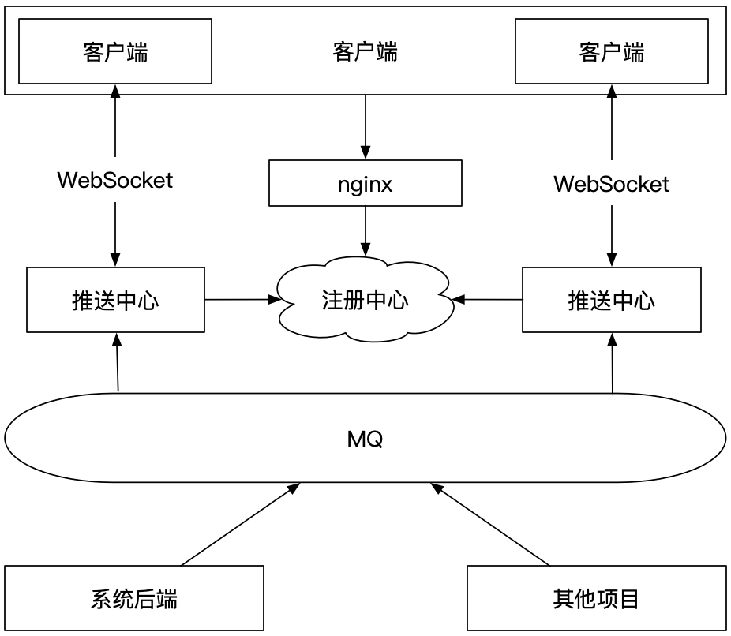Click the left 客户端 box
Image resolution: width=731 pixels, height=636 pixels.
[x=115, y=52]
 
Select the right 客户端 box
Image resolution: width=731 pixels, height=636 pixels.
[x=611, y=52]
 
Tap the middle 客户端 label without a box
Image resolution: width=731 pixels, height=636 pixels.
[x=365, y=52]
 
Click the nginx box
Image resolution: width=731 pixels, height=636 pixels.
[x=365, y=184]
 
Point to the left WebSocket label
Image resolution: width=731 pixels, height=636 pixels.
[x=115, y=180]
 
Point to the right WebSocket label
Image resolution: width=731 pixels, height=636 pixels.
[x=611, y=185]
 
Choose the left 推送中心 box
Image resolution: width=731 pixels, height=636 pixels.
[x=115, y=300]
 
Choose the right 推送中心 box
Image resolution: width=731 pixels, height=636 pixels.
[x=611, y=300]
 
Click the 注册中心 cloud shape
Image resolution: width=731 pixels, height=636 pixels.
[x=365, y=301]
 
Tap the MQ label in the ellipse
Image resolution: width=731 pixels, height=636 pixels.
[x=365, y=440]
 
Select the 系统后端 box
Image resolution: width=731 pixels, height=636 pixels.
[x=133, y=599]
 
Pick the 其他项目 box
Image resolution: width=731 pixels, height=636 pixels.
[x=597, y=599]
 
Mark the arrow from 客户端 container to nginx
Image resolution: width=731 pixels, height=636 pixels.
[x=365, y=126]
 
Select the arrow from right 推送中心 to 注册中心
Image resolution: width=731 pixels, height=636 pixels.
[x=488, y=300]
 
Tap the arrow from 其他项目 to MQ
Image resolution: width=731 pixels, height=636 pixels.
[x=489, y=525]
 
